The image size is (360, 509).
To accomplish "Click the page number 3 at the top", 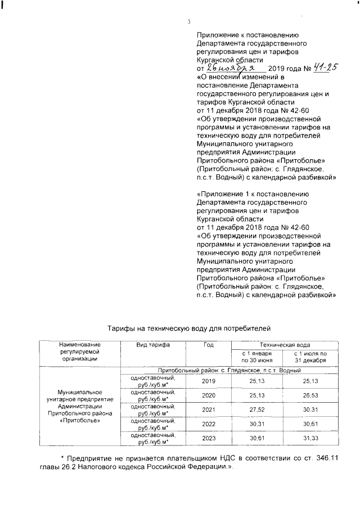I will pyautogui.click(x=189, y=22).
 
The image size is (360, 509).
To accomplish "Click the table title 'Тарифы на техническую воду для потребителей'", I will pyautogui.click(x=190, y=326).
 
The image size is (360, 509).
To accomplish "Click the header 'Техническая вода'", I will pyautogui.click(x=284, y=344).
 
